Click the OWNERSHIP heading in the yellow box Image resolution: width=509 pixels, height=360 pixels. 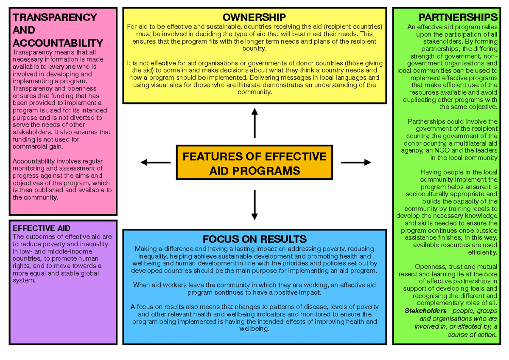[x=255, y=17]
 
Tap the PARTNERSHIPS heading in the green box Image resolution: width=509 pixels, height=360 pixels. [x=458, y=17]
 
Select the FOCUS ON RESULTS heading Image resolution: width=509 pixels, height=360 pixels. [x=255, y=239]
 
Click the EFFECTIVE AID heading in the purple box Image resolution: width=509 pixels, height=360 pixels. [x=42, y=228]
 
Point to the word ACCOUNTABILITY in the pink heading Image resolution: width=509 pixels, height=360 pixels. [x=58, y=43]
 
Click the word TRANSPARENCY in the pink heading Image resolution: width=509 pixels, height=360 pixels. [x=55, y=17]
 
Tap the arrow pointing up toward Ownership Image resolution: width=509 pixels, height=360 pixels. [x=255, y=123]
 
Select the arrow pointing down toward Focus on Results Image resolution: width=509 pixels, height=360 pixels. [x=255, y=205]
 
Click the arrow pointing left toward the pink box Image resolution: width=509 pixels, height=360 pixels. [x=155, y=162]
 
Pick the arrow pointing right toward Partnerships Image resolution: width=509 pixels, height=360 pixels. [x=356, y=162]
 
